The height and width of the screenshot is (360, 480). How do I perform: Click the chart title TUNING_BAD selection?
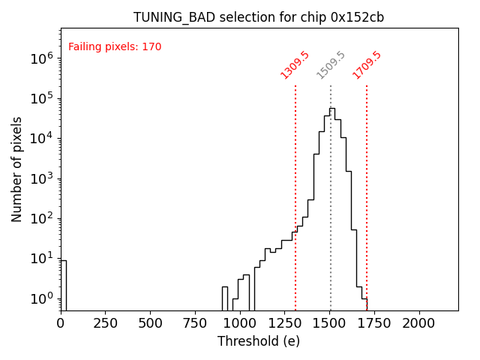259,17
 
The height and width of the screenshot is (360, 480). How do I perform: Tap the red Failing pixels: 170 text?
115,47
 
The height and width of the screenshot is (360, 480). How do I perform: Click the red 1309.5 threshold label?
295,65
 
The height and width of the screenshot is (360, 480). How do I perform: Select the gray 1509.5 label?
331,65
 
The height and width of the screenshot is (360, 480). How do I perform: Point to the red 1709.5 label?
367,65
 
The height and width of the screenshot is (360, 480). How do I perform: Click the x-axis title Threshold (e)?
259,341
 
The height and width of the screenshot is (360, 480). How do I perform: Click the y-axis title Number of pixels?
17,169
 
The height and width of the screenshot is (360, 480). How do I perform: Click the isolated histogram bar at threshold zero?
63,285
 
